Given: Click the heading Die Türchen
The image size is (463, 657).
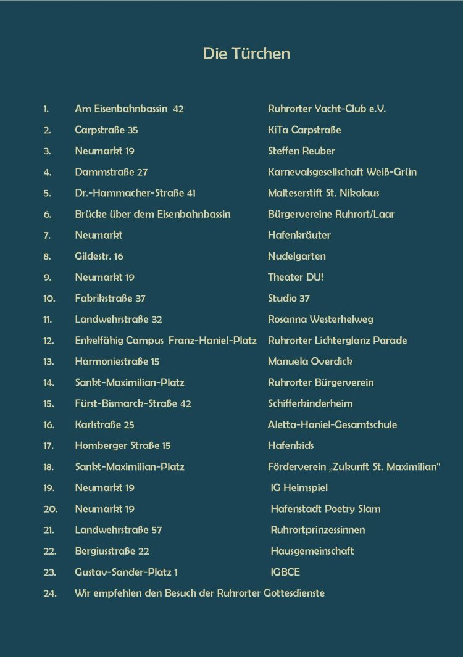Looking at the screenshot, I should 246,54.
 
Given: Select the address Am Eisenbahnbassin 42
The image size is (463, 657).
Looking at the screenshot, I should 129,109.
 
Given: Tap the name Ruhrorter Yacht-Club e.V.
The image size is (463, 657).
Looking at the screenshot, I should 327,109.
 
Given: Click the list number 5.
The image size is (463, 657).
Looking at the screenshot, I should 48,193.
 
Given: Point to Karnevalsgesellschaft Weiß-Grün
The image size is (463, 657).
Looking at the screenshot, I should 342,172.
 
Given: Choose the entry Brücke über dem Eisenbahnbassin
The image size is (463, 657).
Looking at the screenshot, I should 152,214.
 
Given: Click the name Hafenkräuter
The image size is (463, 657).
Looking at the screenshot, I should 299,235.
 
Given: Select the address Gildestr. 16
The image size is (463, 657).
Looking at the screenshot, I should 99,256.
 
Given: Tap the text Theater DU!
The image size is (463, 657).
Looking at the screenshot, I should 296,277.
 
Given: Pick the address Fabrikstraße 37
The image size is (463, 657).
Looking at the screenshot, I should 110,299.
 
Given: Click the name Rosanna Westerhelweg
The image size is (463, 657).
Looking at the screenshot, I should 320,320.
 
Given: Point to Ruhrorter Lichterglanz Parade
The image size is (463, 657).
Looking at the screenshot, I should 337,341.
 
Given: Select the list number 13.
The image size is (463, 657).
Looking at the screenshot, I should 49,362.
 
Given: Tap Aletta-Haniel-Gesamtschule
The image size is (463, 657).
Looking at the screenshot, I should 332,424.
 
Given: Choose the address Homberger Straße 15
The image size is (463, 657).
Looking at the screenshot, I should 122,445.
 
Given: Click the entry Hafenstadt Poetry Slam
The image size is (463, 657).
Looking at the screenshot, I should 325,509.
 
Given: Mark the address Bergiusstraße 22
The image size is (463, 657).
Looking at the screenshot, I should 112,551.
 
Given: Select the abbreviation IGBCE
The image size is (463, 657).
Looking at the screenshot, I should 285,572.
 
